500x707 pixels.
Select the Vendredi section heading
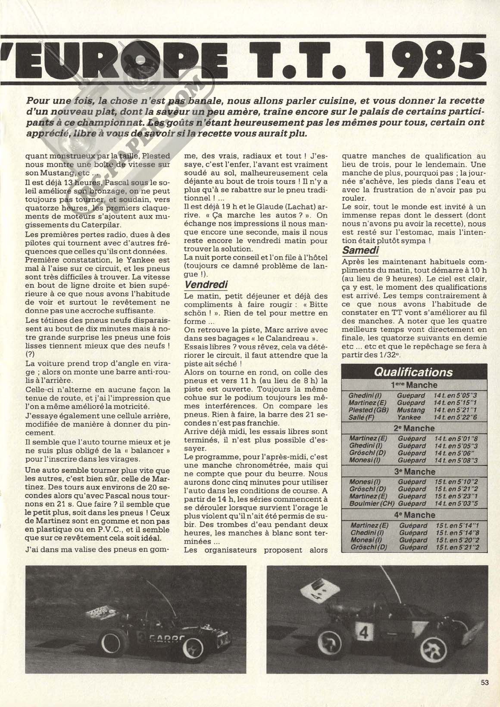206,285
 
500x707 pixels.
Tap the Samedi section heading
361,250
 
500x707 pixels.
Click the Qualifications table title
413,372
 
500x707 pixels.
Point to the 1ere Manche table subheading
414,385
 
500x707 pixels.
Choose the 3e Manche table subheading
414,471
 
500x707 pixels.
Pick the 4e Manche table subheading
414,515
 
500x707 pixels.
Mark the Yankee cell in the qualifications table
409,417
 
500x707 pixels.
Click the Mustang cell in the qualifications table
411,410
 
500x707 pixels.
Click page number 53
485,694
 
